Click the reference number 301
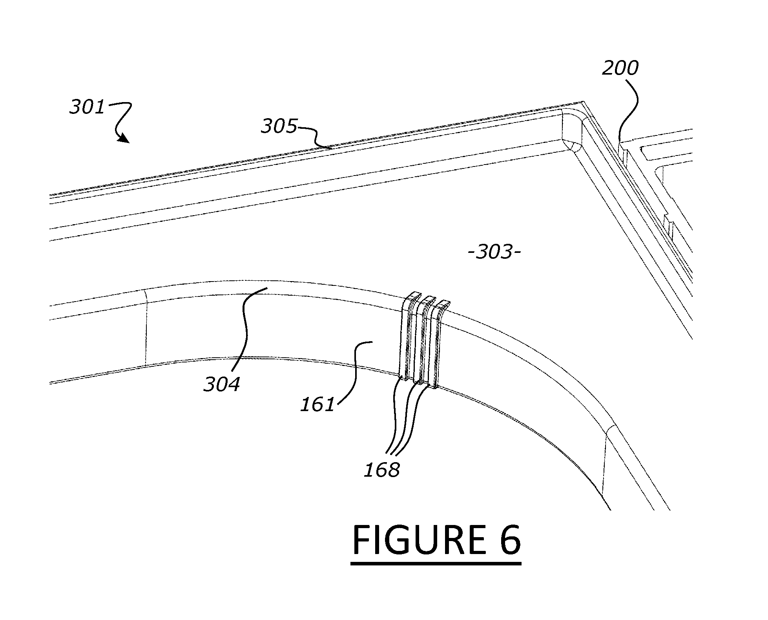click(87, 107)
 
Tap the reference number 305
click(279, 126)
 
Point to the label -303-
click(494, 252)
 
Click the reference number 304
click(221, 384)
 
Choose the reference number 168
click(382, 470)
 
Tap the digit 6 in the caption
click(509, 540)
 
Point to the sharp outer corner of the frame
click(584, 102)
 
